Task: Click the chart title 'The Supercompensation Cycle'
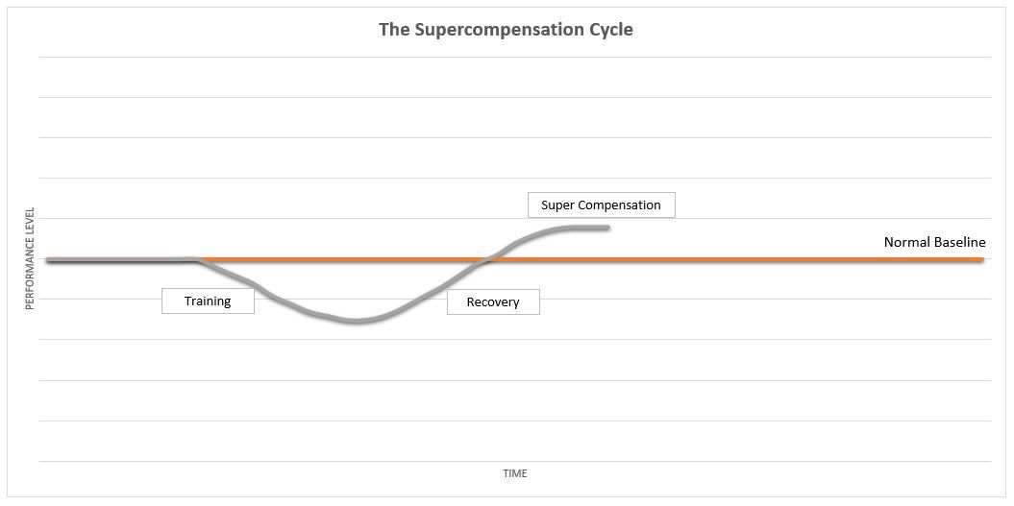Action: click(x=506, y=29)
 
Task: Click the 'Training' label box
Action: click(x=208, y=301)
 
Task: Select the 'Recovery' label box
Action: click(x=493, y=302)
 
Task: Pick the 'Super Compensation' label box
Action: click(x=601, y=205)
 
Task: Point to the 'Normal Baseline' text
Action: click(x=934, y=243)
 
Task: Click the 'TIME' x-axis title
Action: click(x=515, y=473)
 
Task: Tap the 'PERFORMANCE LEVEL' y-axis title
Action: click(x=30, y=258)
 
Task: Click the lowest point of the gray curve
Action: click(x=356, y=321)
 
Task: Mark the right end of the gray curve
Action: click(x=607, y=228)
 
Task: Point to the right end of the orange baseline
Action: click(x=982, y=259)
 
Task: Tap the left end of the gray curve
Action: click(x=48, y=260)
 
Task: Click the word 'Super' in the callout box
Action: click(x=557, y=205)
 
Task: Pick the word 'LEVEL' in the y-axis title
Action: click(x=30, y=222)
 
